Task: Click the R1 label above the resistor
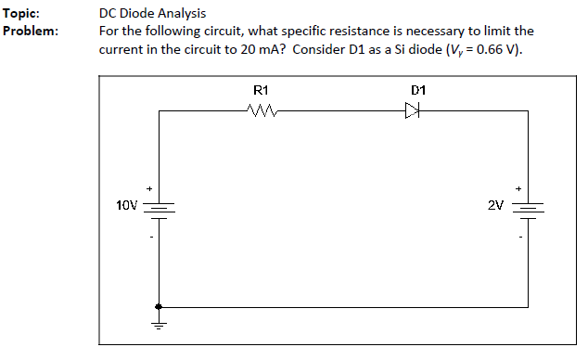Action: [x=261, y=91]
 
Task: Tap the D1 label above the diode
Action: [x=417, y=91]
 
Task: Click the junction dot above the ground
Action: [x=159, y=306]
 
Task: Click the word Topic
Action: [x=20, y=14]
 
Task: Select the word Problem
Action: [x=31, y=31]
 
